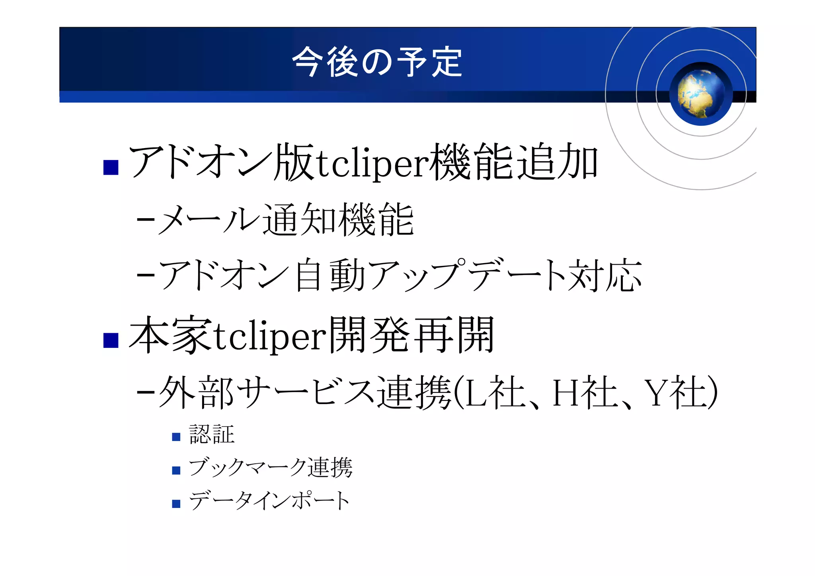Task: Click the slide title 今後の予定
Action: click(377, 62)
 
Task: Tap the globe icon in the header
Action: click(700, 94)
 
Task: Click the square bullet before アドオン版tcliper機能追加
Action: click(111, 167)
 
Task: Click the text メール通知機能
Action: click(286, 220)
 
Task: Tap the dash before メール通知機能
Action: click(145, 220)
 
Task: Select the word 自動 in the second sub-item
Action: click(330, 275)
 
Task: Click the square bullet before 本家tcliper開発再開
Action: click(111, 340)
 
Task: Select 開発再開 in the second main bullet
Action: click(411, 335)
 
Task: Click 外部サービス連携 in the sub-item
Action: click(304, 392)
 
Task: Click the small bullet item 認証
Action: click(212, 434)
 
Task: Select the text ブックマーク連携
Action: click(271, 468)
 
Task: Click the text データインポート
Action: click(269, 501)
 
